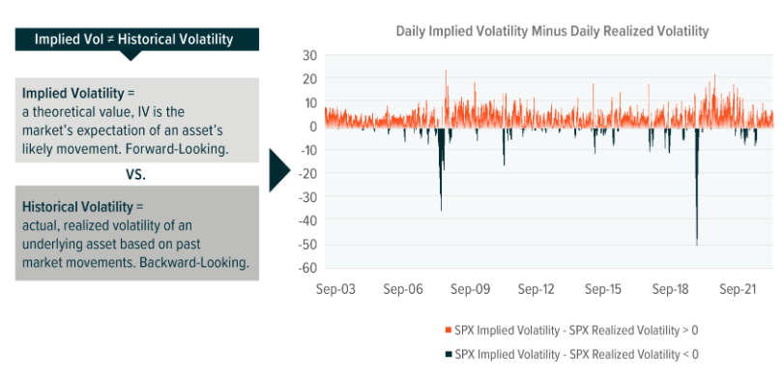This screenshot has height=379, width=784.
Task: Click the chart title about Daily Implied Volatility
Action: click(552, 31)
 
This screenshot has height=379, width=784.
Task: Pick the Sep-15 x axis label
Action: click(603, 289)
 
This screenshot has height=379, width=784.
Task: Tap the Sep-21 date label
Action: click(738, 289)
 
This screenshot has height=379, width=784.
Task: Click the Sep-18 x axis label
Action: click(670, 289)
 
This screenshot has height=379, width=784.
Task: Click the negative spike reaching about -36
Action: click(441, 208)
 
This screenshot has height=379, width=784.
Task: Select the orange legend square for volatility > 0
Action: click(448, 330)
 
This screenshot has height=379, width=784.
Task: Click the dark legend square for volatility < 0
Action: click(448, 355)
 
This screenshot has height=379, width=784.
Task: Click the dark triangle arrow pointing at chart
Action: click(278, 169)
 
